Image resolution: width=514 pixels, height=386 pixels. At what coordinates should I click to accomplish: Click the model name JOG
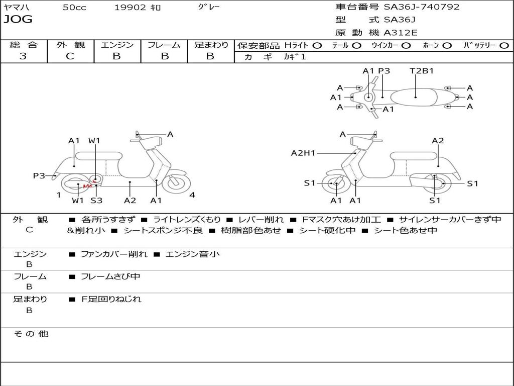(x=18, y=19)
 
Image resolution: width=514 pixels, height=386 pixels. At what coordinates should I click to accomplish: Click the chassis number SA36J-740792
(x=422, y=7)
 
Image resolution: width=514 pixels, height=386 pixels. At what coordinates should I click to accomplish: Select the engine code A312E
(x=401, y=33)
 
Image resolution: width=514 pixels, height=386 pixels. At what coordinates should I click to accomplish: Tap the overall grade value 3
(x=23, y=56)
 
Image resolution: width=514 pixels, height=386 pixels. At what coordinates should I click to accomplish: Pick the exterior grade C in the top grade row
(x=70, y=56)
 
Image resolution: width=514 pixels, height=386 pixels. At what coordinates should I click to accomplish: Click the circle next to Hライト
(x=317, y=46)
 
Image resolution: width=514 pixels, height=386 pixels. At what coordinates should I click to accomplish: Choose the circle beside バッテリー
(x=504, y=46)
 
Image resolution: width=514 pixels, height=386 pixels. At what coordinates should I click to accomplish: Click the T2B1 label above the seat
(x=422, y=71)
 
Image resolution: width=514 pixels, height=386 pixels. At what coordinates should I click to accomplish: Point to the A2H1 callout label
(x=303, y=153)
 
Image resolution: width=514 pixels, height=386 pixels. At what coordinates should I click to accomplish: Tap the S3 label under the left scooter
(x=96, y=200)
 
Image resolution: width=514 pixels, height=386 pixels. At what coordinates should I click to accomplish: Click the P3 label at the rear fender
(x=39, y=176)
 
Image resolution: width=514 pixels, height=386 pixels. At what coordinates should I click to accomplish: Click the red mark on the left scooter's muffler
(x=87, y=186)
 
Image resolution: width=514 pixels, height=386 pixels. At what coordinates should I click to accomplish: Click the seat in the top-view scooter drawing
(x=414, y=97)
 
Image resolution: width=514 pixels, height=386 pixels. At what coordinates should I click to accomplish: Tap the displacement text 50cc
(x=74, y=8)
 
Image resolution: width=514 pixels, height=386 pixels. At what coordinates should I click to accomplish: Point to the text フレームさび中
(x=110, y=277)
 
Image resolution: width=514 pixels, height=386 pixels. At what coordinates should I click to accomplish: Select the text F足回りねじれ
(x=111, y=300)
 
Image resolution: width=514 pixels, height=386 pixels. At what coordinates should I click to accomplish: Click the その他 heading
(x=31, y=334)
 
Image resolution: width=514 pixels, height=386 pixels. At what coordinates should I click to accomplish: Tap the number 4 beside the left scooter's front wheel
(x=192, y=195)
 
